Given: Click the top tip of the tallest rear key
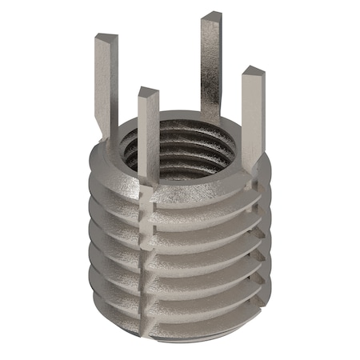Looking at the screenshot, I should (211, 18).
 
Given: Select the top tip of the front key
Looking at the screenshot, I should (148, 94).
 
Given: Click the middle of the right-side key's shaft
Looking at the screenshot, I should (252, 120).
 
